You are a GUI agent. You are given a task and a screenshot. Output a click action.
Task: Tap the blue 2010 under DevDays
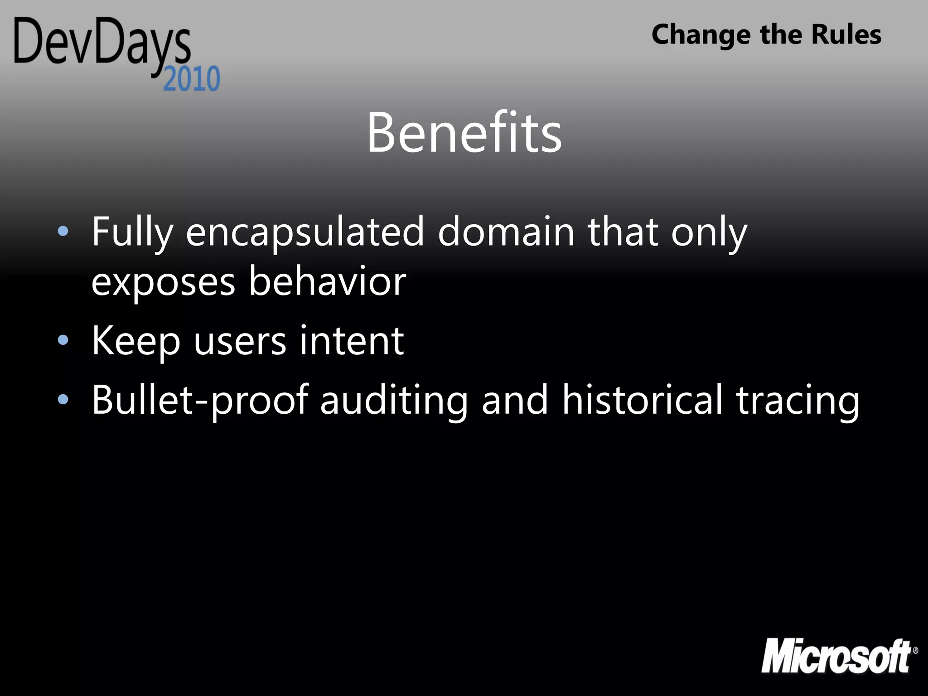pyautogui.click(x=192, y=79)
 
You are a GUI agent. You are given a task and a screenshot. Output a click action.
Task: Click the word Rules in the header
pyautogui.click(x=846, y=34)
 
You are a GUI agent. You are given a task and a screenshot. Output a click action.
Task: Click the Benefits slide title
pyautogui.click(x=464, y=132)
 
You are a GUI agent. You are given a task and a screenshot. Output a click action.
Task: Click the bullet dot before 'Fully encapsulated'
pyautogui.click(x=63, y=232)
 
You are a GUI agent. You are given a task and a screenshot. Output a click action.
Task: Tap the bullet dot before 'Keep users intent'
pyautogui.click(x=63, y=340)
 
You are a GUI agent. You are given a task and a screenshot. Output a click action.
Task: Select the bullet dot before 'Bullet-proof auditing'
pyautogui.click(x=63, y=399)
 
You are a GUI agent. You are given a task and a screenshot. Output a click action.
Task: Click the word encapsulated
pyautogui.click(x=304, y=232)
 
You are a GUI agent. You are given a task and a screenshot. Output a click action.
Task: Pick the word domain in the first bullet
pyautogui.click(x=506, y=232)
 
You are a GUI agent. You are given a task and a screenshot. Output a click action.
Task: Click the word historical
pyautogui.click(x=642, y=399)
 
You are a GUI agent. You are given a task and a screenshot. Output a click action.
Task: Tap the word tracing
pyautogui.click(x=797, y=400)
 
